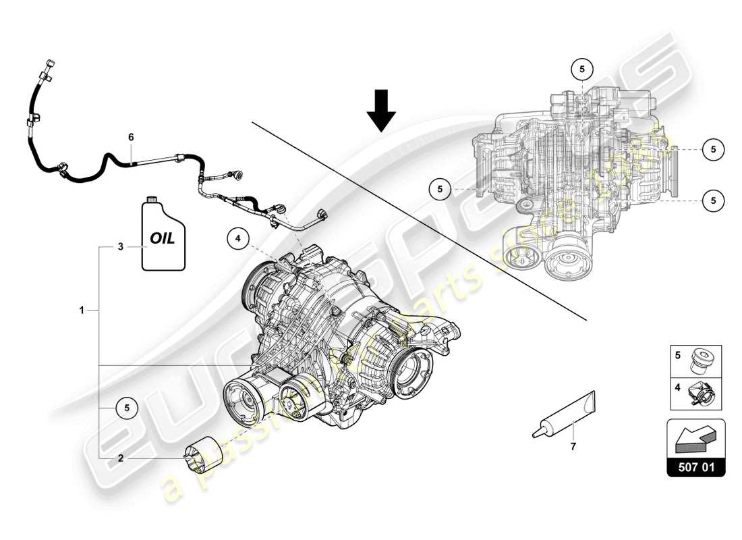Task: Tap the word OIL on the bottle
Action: coord(161,238)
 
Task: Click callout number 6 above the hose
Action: coord(132,137)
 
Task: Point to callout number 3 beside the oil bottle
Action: coord(121,247)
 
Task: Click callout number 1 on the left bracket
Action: coord(82,310)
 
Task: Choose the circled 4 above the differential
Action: coord(237,238)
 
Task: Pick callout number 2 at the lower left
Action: coord(121,458)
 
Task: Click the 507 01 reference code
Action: coord(697,466)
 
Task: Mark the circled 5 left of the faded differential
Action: coord(439,190)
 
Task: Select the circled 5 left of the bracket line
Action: coord(125,407)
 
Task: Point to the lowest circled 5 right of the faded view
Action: coord(713,199)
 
